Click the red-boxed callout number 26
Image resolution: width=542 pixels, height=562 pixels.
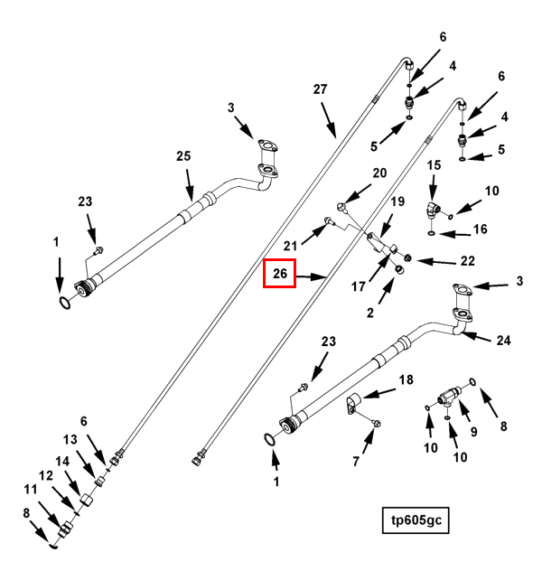280,274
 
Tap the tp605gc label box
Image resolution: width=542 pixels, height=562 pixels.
416,520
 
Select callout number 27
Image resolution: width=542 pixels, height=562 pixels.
320,89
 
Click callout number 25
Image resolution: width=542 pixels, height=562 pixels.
183,156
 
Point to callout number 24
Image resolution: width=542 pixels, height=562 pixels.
503,340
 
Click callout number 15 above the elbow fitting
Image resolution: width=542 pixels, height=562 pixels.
434,165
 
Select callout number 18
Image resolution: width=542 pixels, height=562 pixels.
406,379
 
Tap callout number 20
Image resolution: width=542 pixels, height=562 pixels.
379,173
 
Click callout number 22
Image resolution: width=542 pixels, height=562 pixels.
468,261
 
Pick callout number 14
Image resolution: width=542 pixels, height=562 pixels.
62,462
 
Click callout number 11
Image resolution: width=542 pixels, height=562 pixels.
31,489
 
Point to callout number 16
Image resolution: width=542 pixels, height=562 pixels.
480,229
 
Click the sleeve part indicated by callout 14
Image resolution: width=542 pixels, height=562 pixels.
86,500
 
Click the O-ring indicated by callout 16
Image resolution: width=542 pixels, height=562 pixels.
432,233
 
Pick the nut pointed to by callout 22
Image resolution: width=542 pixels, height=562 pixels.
406,258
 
